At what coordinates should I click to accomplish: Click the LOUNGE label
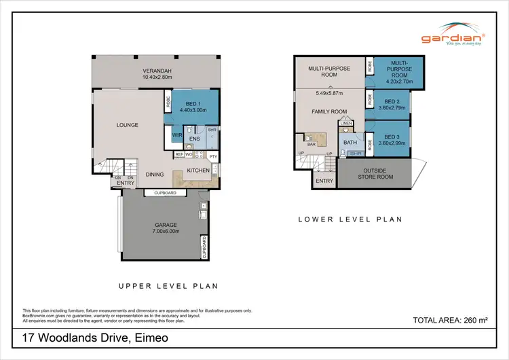(128, 125)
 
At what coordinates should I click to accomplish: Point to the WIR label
(176, 136)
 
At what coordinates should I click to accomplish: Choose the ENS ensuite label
(193, 139)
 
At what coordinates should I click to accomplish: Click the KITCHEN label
(197, 170)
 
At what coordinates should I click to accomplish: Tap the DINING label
(155, 175)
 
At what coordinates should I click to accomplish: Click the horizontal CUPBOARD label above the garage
(166, 193)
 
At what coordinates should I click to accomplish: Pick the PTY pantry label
(213, 156)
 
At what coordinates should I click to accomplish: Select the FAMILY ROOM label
(329, 111)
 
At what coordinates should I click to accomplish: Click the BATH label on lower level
(350, 143)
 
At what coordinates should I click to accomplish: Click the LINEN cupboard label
(346, 123)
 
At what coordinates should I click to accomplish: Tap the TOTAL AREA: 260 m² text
(451, 319)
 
